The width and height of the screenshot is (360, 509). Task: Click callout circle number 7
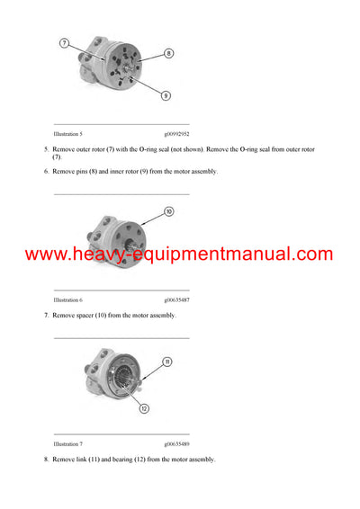(66, 43)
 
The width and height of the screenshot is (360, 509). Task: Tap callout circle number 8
(168, 54)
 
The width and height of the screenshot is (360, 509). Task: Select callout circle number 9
(167, 95)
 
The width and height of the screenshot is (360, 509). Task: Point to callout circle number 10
(168, 212)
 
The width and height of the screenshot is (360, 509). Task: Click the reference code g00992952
(176, 132)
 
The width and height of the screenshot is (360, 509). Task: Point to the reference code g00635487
(176, 299)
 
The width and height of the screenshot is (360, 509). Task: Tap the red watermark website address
(179, 254)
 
